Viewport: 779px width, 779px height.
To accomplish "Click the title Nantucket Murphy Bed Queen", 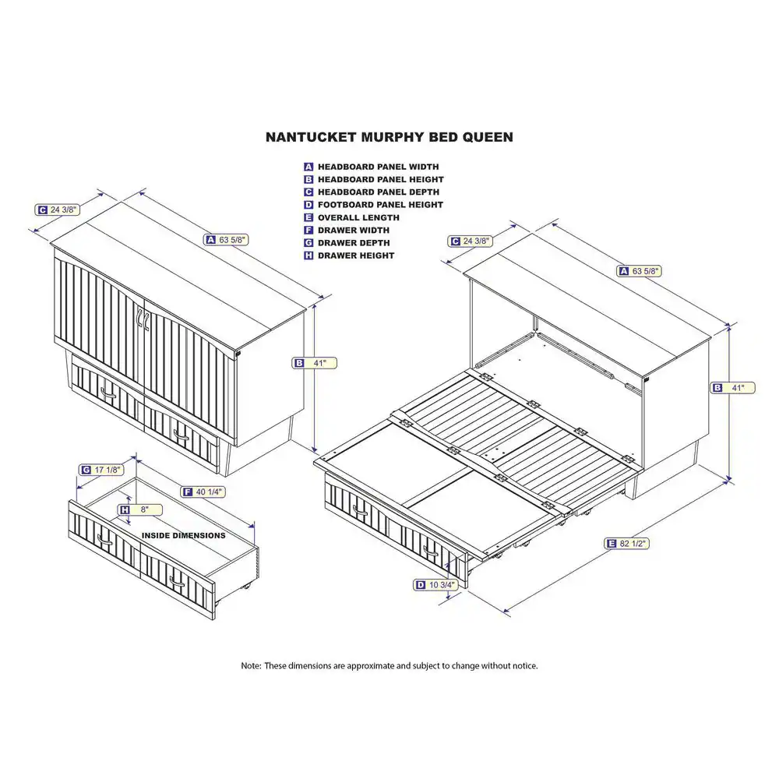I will tap(389, 137).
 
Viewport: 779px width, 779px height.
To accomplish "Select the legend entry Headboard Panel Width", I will tap(377, 167).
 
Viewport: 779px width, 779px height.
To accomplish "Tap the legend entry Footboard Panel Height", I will tap(379, 205).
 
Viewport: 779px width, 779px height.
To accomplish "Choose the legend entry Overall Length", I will tap(358, 217).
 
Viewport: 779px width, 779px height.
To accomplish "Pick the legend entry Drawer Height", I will tap(355, 256).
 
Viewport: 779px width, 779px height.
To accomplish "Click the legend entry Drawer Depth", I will tap(353, 243).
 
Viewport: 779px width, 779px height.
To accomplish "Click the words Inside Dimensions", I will tap(183, 536).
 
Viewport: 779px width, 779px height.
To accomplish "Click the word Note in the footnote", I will tap(250, 666).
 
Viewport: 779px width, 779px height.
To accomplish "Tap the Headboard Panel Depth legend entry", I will tap(377, 192).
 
